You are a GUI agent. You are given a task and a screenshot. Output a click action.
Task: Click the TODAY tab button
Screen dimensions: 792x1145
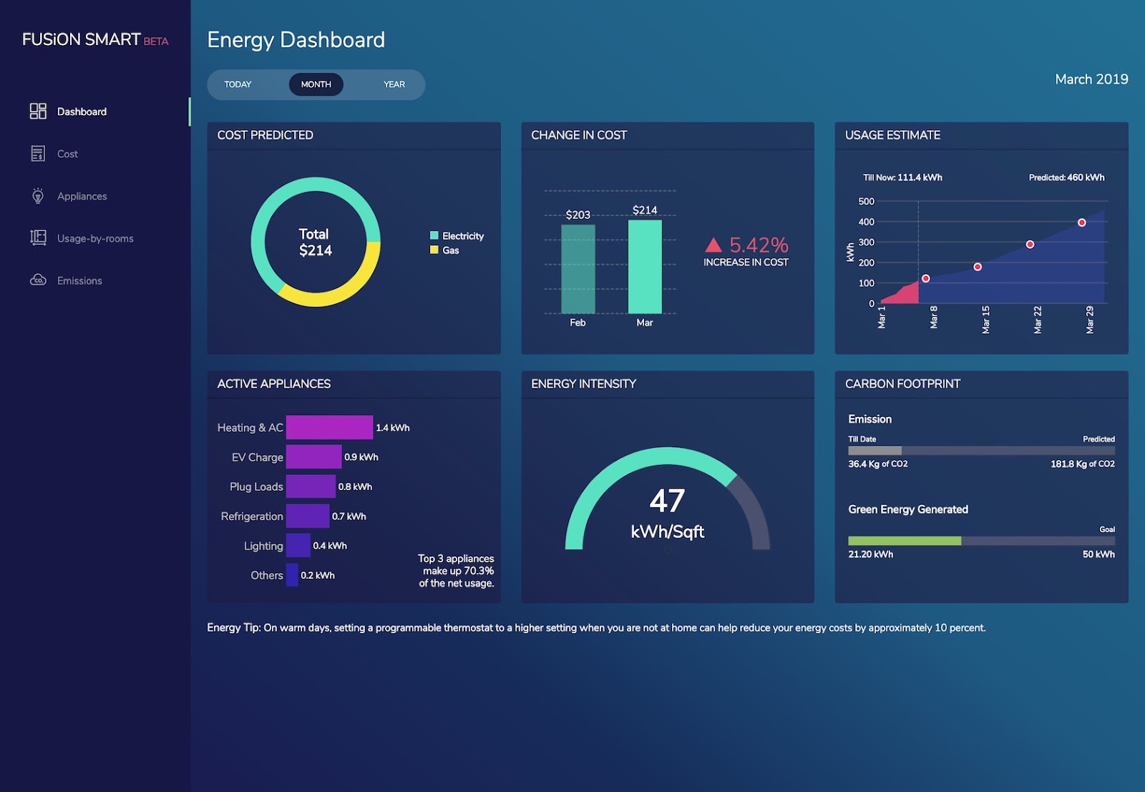coord(238,84)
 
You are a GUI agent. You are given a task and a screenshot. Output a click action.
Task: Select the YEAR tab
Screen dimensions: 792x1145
coord(394,84)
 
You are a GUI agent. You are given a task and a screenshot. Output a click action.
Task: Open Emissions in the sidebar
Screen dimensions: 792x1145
coord(79,280)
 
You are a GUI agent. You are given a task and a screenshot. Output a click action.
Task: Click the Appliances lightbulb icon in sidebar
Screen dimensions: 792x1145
coord(38,196)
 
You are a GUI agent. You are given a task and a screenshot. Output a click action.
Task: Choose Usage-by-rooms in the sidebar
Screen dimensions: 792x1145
coord(95,238)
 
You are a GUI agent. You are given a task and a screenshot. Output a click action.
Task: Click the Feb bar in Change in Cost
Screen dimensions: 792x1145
coord(578,269)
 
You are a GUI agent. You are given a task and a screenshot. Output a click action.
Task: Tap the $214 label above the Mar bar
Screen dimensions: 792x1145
coord(644,210)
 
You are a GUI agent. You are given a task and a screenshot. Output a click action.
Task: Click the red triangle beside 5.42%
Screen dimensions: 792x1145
coord(713,245)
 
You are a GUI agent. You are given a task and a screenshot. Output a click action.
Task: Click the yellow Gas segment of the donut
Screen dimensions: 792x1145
coord(336,290)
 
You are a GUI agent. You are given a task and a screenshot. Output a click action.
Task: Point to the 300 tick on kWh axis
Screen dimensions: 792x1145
coord(866,243)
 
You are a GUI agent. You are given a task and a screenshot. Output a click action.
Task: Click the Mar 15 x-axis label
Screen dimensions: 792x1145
coord(985,320)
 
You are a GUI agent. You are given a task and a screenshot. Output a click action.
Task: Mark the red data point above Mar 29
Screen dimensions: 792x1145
coord(1081,223)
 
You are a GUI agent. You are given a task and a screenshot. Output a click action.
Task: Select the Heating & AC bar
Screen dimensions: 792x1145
coord(329,427)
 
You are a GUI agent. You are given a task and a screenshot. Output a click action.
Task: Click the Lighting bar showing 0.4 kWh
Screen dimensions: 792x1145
coord(298,545)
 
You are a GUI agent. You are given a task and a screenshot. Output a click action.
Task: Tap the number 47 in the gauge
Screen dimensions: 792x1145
coord(667,501)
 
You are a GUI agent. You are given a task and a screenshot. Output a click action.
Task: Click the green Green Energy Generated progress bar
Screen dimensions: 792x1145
coord(904,541)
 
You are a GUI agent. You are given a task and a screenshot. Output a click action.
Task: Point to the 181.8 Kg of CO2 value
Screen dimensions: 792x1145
coord(1082,464)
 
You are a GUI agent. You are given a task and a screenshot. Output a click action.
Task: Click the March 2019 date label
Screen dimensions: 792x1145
coord(1091,79)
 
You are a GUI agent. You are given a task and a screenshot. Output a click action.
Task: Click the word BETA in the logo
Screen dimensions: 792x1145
coord(155,41)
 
